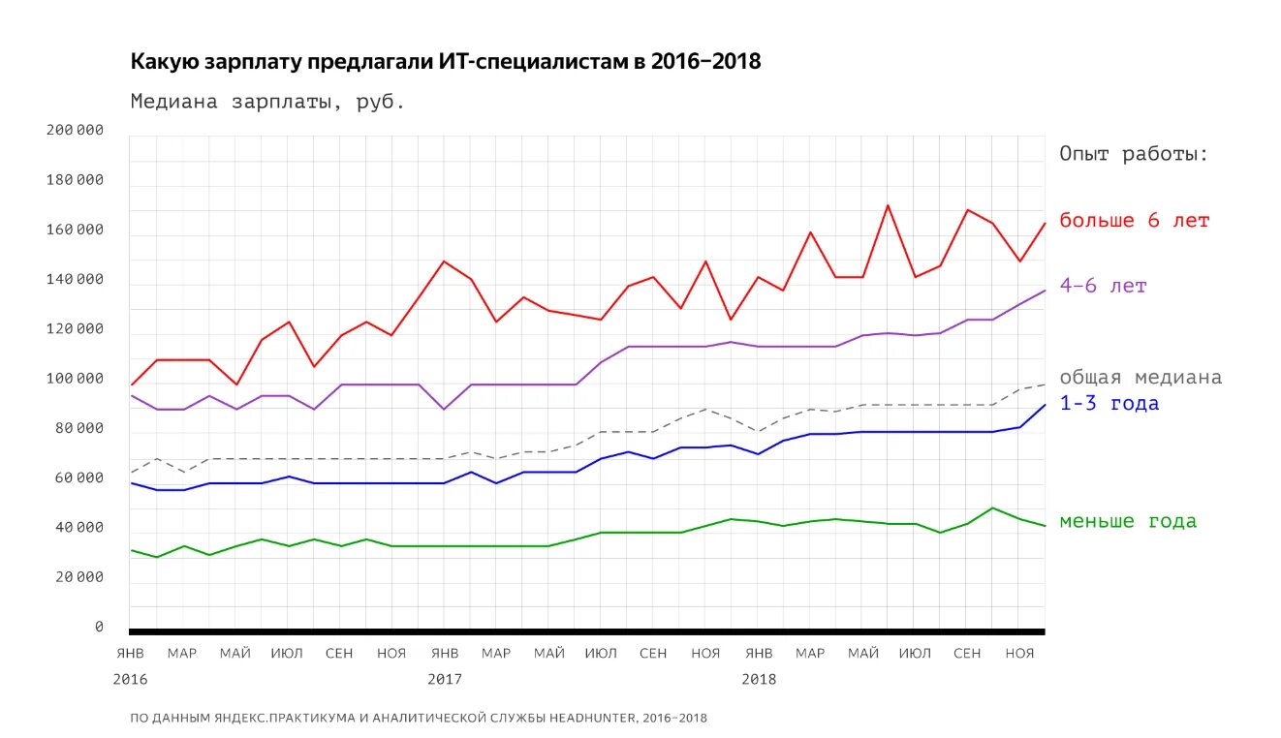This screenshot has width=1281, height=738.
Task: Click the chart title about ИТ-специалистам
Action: coord(446,62)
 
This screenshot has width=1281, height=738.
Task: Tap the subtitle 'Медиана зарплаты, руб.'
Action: coord(267,102)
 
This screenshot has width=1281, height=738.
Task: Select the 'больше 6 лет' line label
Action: coord(1134,221)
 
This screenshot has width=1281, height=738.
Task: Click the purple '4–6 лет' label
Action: coord(1103,287)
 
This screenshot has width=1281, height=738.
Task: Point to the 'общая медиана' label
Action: coord(1140,378)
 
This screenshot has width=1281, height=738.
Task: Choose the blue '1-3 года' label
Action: coord(1109,404)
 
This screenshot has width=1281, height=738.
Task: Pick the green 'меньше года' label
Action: coord(1127,522)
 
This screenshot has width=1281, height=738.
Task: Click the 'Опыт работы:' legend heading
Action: coord(1134,154)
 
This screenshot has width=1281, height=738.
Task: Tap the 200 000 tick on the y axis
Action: coord(75,131)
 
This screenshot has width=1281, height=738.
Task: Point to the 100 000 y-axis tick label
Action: coord(75,379)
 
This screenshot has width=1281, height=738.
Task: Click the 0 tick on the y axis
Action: coord(99,627)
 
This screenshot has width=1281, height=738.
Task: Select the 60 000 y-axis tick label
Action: coord(78,477)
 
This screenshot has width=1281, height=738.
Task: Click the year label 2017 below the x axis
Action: coord(445,679)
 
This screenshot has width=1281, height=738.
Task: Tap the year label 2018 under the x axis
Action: coord(759,679)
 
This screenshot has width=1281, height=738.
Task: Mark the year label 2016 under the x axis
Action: coord(130,679)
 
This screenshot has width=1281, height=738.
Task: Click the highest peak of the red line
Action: coord(888,205)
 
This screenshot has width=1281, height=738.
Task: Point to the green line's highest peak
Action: coord(992,507)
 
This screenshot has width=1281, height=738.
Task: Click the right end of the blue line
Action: coord(1045,405)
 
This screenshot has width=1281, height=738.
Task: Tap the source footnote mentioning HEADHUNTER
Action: coord(419,719)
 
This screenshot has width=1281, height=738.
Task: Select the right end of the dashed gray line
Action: coord(1045,384)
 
